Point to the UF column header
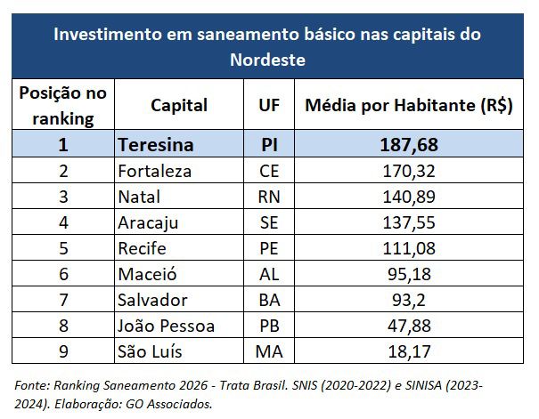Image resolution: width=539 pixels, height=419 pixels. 269,105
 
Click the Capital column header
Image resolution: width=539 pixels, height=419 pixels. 179,105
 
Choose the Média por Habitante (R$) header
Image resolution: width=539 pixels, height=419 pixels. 409,105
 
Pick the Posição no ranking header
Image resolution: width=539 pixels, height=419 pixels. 63,105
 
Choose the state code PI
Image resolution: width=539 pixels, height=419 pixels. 269,144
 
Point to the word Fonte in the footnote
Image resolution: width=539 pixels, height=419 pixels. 32,386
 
